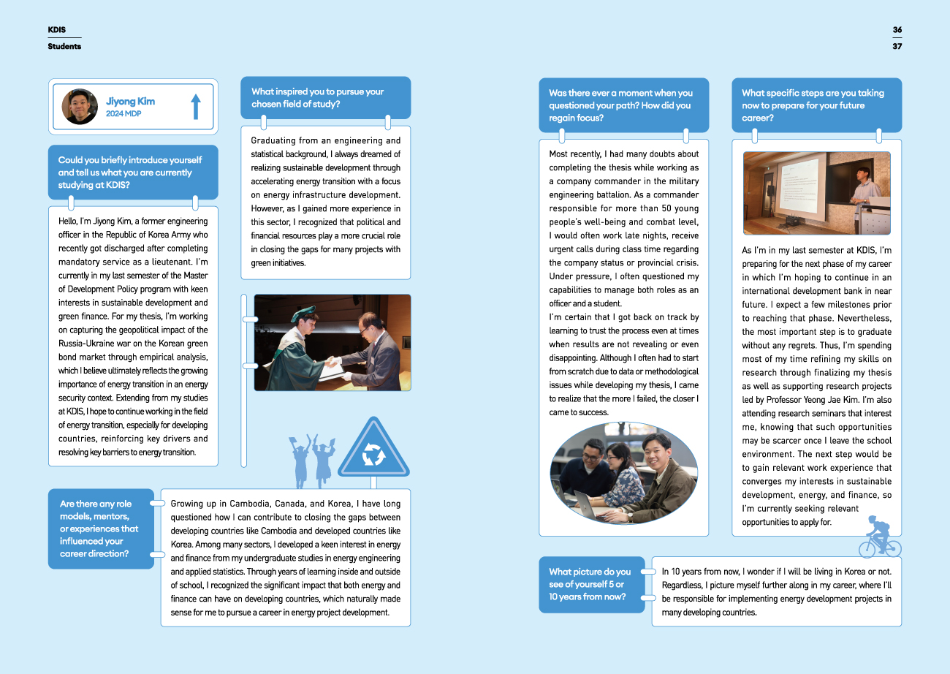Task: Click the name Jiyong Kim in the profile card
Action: point(130,102)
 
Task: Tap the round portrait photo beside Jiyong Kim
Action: point(80,107)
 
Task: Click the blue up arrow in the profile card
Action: point(195,107)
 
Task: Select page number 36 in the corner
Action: point(897,30)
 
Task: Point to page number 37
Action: point(897,46)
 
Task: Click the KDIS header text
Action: point(57,30)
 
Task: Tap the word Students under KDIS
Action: point(64,46)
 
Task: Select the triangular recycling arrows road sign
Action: point(373,450)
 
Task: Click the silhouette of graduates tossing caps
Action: point(312,459)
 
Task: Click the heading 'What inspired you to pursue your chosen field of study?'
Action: point(318,98)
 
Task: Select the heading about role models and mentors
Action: point(99,529)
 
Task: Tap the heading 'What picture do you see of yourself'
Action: point(590,584)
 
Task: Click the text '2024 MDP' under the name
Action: point(123,114)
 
